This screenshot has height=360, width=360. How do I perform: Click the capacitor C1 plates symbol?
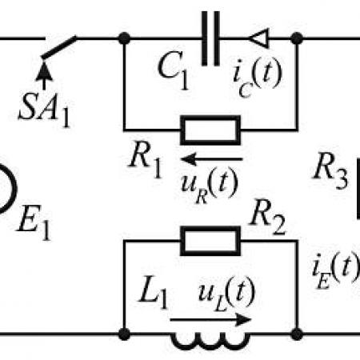pos(210,38)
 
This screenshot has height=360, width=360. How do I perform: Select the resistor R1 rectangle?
pos(210,130)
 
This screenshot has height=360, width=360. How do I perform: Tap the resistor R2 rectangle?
pos(210,241)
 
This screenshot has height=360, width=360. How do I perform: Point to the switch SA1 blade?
pos(59,47)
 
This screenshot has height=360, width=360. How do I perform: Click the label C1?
pos(174,70)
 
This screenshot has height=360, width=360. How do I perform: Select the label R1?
pos(146,162)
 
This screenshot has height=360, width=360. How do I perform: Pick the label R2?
pos(267,218)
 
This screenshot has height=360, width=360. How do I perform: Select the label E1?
pos(34,222)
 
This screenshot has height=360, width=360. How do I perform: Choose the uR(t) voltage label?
pos(209,185)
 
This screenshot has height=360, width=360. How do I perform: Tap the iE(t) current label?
pos(336,270)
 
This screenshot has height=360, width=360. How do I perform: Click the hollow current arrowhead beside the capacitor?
pos(258,38)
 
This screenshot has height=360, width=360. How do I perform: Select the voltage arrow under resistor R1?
pos(212,159)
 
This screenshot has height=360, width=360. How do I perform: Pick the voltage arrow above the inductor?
pos(210,320)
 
